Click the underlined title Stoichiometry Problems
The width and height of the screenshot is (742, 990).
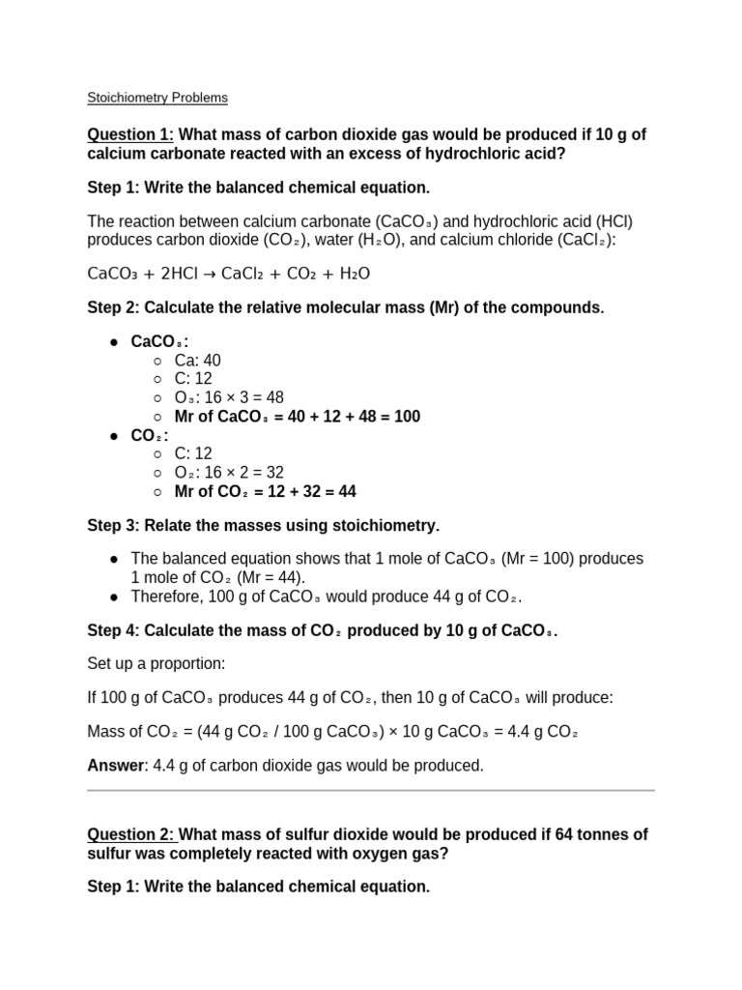tap(157, 98)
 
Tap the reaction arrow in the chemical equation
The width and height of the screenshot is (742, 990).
tap(209, 274)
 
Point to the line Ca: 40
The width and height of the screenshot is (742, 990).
tap(197, 361)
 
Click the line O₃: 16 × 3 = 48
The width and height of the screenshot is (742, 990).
tap(229, 397)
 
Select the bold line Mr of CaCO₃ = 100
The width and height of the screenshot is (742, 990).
tap(297, 417)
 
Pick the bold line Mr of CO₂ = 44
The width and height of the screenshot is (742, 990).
tap(265, 491)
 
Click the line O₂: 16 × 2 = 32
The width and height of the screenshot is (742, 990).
tap(229, 473)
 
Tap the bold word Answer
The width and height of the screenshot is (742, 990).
tap(115, 765)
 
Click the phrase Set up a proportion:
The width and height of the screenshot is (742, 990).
tap(156, 664)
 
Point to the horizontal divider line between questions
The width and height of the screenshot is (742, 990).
tap(371, 790)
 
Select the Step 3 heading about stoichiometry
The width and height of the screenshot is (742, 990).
tap(263, 525)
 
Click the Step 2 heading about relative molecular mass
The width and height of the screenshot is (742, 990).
tap(345, 307)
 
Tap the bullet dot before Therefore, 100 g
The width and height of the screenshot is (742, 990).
tap(114, 597)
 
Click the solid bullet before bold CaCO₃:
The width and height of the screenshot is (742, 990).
tap(114, 342)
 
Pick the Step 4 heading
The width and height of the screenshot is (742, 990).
tap(322, 630)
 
